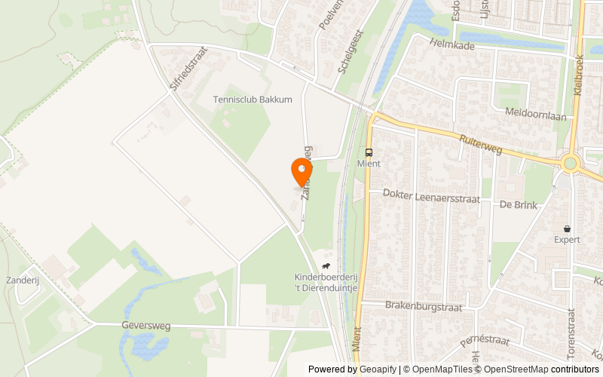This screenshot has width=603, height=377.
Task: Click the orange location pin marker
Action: click(x=301, y=170)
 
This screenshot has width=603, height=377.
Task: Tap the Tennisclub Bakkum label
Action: click(x=252, y=100)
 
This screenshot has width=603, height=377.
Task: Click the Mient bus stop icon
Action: click(x=369, y=152)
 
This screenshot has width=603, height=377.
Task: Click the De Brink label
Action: click(x=516, y=204)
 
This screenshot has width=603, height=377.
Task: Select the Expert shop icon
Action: click(x=567, y=228)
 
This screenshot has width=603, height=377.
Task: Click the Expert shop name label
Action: click(x=567, y=240)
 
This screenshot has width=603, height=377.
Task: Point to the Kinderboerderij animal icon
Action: click(x=326, y=266)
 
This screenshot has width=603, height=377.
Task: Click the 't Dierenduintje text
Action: click(x=325, y=287)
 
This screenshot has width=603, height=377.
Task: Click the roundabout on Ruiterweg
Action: click(x=570, y=163)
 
